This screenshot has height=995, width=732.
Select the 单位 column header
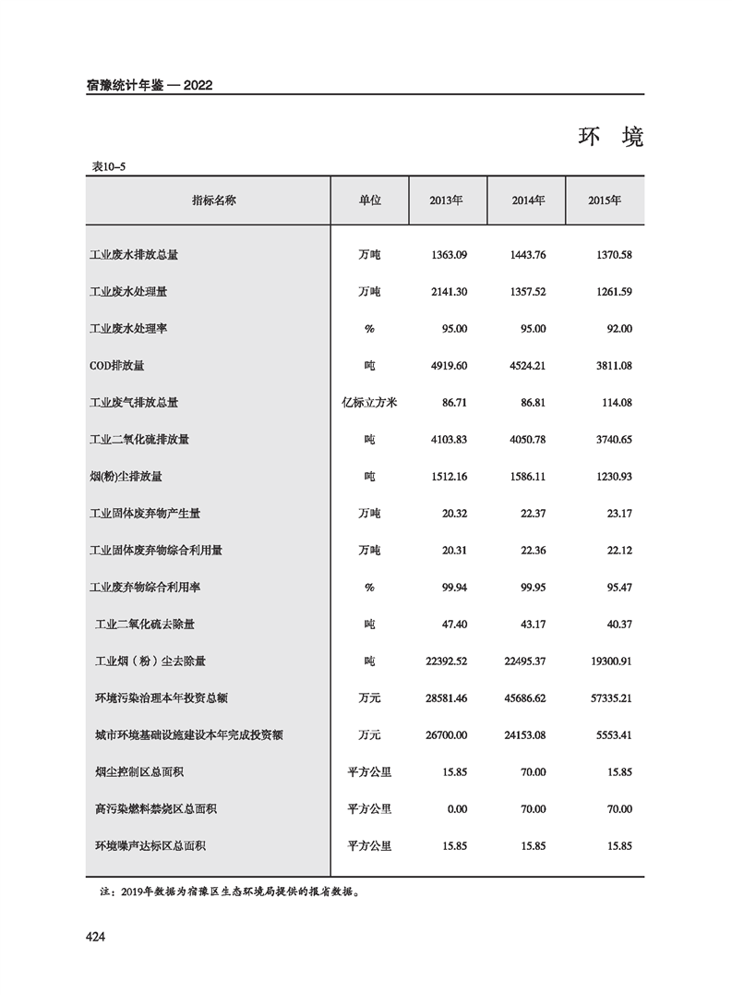[369, 200]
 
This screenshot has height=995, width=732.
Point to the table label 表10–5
[108, 166]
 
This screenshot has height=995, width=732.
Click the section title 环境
[610, 138]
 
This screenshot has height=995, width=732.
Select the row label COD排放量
[117, 366]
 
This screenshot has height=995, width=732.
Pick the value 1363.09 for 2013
[450, 254]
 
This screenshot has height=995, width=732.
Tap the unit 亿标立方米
[369, 403]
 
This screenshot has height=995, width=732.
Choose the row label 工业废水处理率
[128, 329]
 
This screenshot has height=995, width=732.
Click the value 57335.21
[609, 698]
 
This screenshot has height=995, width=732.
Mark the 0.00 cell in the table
[455, 809]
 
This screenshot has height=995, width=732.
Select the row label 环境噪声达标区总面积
[150, 846]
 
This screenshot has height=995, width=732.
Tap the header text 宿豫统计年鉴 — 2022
[150, 85]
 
